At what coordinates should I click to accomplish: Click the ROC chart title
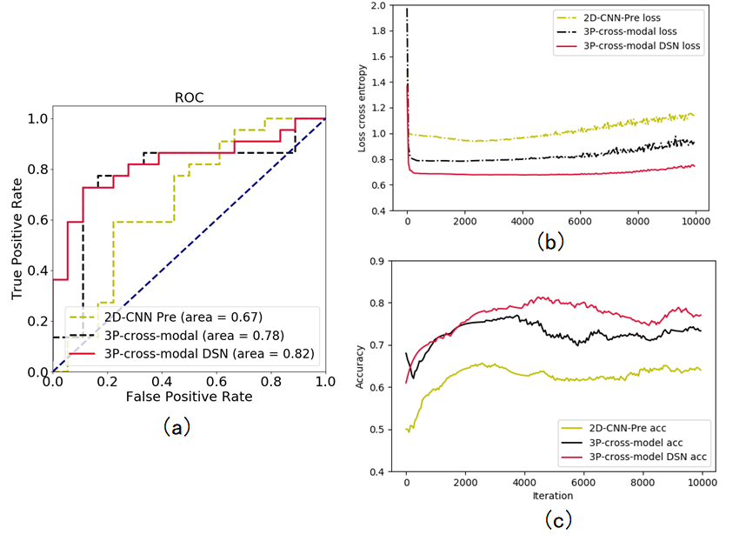(189, 98)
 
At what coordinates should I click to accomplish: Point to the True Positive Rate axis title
(17, 244)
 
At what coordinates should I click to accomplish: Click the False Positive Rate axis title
(188, 397)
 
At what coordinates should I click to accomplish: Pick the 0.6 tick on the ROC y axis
(37, 220)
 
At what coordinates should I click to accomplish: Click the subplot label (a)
(176, 426)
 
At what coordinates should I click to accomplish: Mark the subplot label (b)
(552, 241)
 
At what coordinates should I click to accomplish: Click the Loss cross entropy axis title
(363, 109)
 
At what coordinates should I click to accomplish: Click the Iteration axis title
(553, 497)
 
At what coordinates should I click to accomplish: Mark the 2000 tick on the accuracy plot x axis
(465, 484)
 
